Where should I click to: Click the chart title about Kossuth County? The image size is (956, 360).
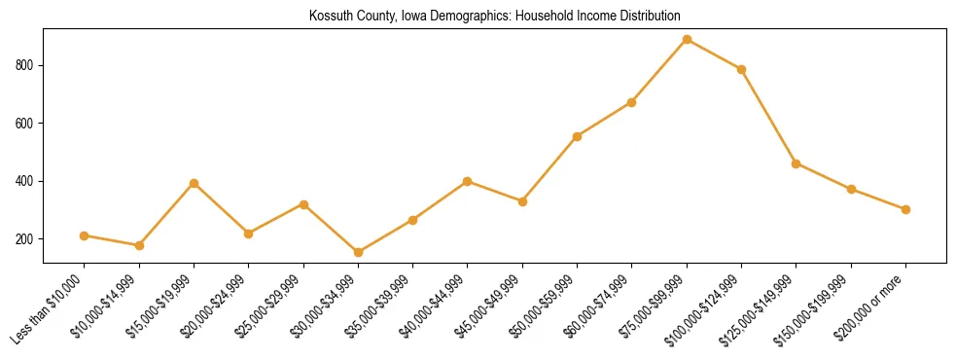click(494, 16)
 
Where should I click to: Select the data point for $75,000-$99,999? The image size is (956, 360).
click(687, 40)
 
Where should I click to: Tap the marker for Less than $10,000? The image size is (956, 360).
click(85, 235)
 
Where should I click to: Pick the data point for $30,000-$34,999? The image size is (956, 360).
click(358, 252)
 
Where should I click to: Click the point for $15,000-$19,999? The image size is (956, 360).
click(195, 183)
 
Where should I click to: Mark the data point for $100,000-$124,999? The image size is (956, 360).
click(741, 69)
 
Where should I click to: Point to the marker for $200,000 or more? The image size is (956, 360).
click(905, 209)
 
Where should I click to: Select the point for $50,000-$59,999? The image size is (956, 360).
click(577, 136)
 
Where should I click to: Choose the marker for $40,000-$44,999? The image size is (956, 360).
click(468, 181)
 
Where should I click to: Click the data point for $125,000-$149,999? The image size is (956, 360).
click(797, 163)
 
